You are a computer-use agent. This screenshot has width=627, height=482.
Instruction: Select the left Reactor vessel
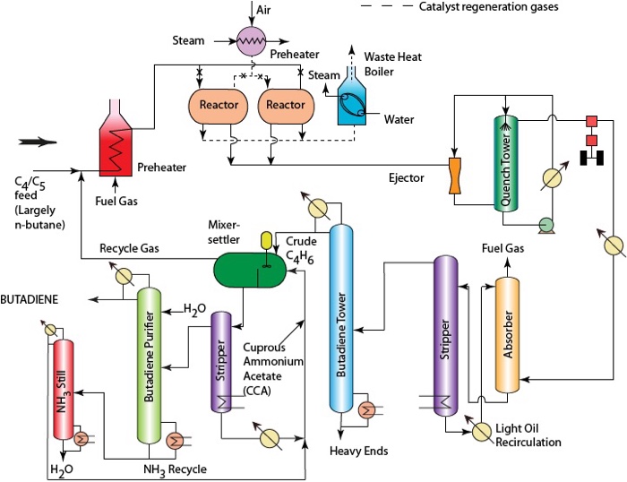click(218, 105)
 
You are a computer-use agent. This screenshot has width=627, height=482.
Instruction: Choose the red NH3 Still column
click(63, 388)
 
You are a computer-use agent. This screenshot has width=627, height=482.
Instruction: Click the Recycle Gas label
click(126, 246)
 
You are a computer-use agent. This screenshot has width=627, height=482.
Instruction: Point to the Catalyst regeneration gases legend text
click(479, 7)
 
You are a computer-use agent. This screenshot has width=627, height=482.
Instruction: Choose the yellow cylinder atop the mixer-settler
click(265, 240)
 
